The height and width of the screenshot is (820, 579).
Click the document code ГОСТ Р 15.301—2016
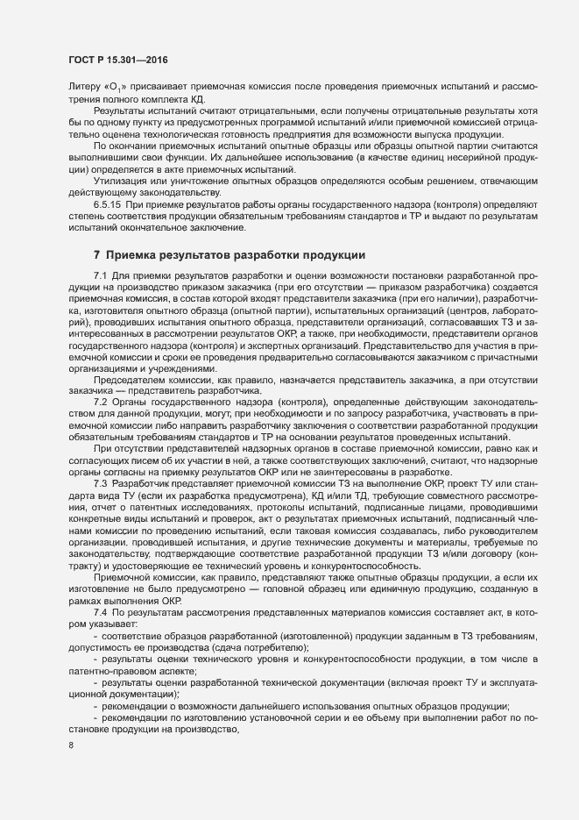coord(117,60)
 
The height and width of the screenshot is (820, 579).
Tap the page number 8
coord(71,746)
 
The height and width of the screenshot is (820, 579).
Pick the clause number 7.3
coord(99,484)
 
